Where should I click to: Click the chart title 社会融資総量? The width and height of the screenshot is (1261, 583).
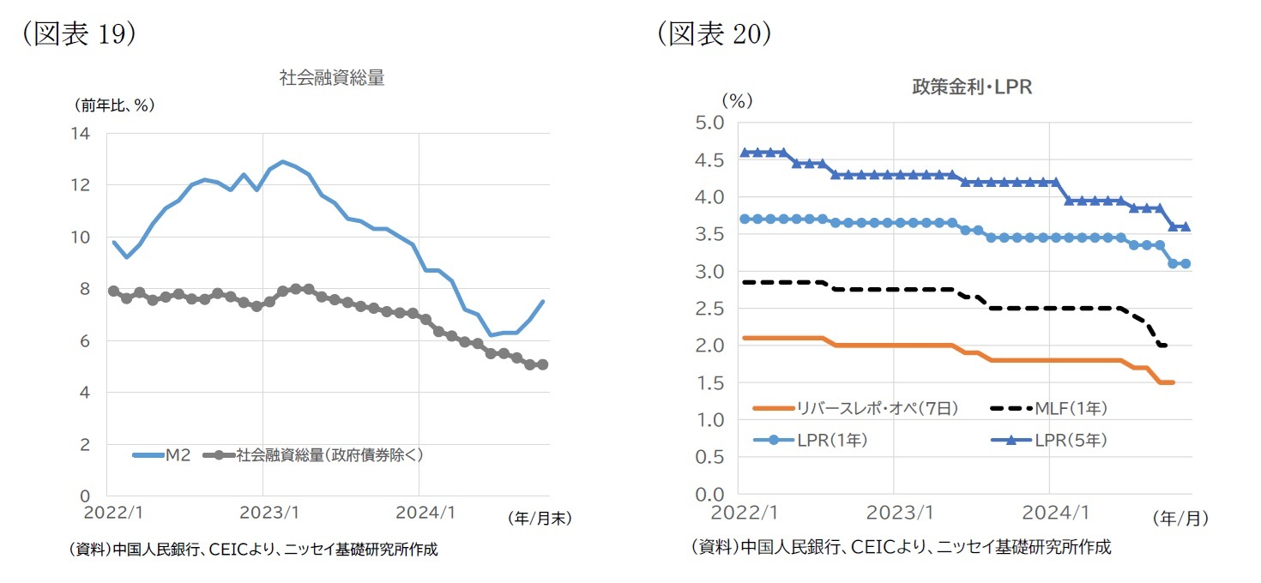pyautogui.click(x=331, y=78)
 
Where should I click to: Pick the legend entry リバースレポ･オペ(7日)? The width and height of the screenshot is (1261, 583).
pyautogui.click(x=860, y=409)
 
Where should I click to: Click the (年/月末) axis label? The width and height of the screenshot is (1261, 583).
pyautogui.click(x=539, y=518)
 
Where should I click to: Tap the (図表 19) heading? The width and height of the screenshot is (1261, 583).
pyautogui.click(x=79, y=33)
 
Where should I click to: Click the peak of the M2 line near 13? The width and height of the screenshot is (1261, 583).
pyautogui.click(x=283, y=161)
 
